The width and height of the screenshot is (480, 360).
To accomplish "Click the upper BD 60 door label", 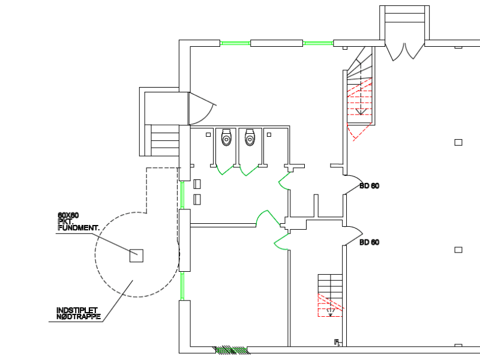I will (369, 186).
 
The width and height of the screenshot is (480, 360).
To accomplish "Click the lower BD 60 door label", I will (369, 243).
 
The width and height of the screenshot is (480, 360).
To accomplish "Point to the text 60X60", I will (68, 215).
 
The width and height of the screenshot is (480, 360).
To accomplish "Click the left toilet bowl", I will (226, 139).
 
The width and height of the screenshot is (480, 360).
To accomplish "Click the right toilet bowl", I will (250, 139).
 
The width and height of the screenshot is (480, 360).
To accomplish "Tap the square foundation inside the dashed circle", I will (137, 256).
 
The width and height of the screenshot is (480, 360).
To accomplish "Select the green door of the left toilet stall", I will (224, 170).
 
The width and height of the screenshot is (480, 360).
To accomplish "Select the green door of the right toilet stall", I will (248, 170).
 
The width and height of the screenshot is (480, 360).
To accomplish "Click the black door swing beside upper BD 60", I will (353, 183).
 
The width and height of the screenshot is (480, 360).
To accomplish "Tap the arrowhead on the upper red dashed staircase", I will (360, 112).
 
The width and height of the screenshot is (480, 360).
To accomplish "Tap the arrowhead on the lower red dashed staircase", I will (331, 314).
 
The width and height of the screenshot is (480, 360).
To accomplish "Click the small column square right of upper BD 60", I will (458, 142).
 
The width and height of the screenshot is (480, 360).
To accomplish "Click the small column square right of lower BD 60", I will (458, 250).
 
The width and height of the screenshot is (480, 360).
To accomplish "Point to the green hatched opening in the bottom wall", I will (231, 349).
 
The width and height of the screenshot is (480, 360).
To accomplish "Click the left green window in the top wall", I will (235, 43).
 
